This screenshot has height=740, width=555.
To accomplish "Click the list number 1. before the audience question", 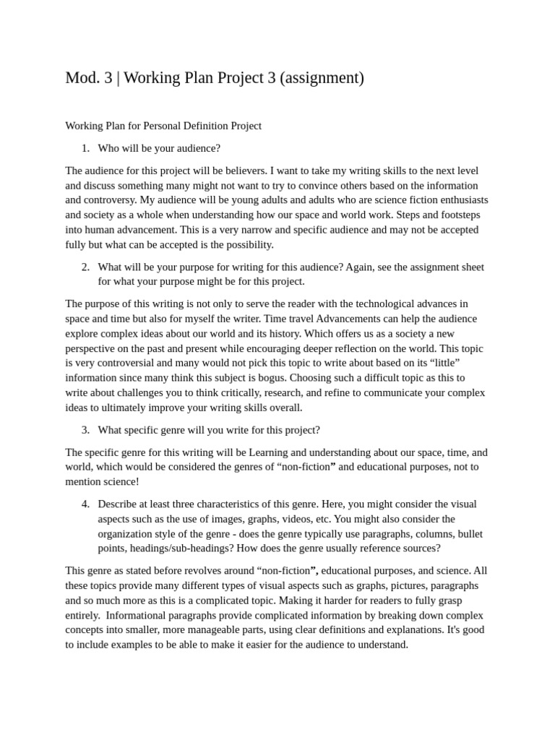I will tap(85, 148).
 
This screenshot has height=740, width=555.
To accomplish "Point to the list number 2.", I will tap(85, 267).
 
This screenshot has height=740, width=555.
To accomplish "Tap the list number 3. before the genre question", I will tap(85, 430).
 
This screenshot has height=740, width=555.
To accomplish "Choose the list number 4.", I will tap(85, 504).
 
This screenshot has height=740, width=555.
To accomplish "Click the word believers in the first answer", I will tap(242, 171).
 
